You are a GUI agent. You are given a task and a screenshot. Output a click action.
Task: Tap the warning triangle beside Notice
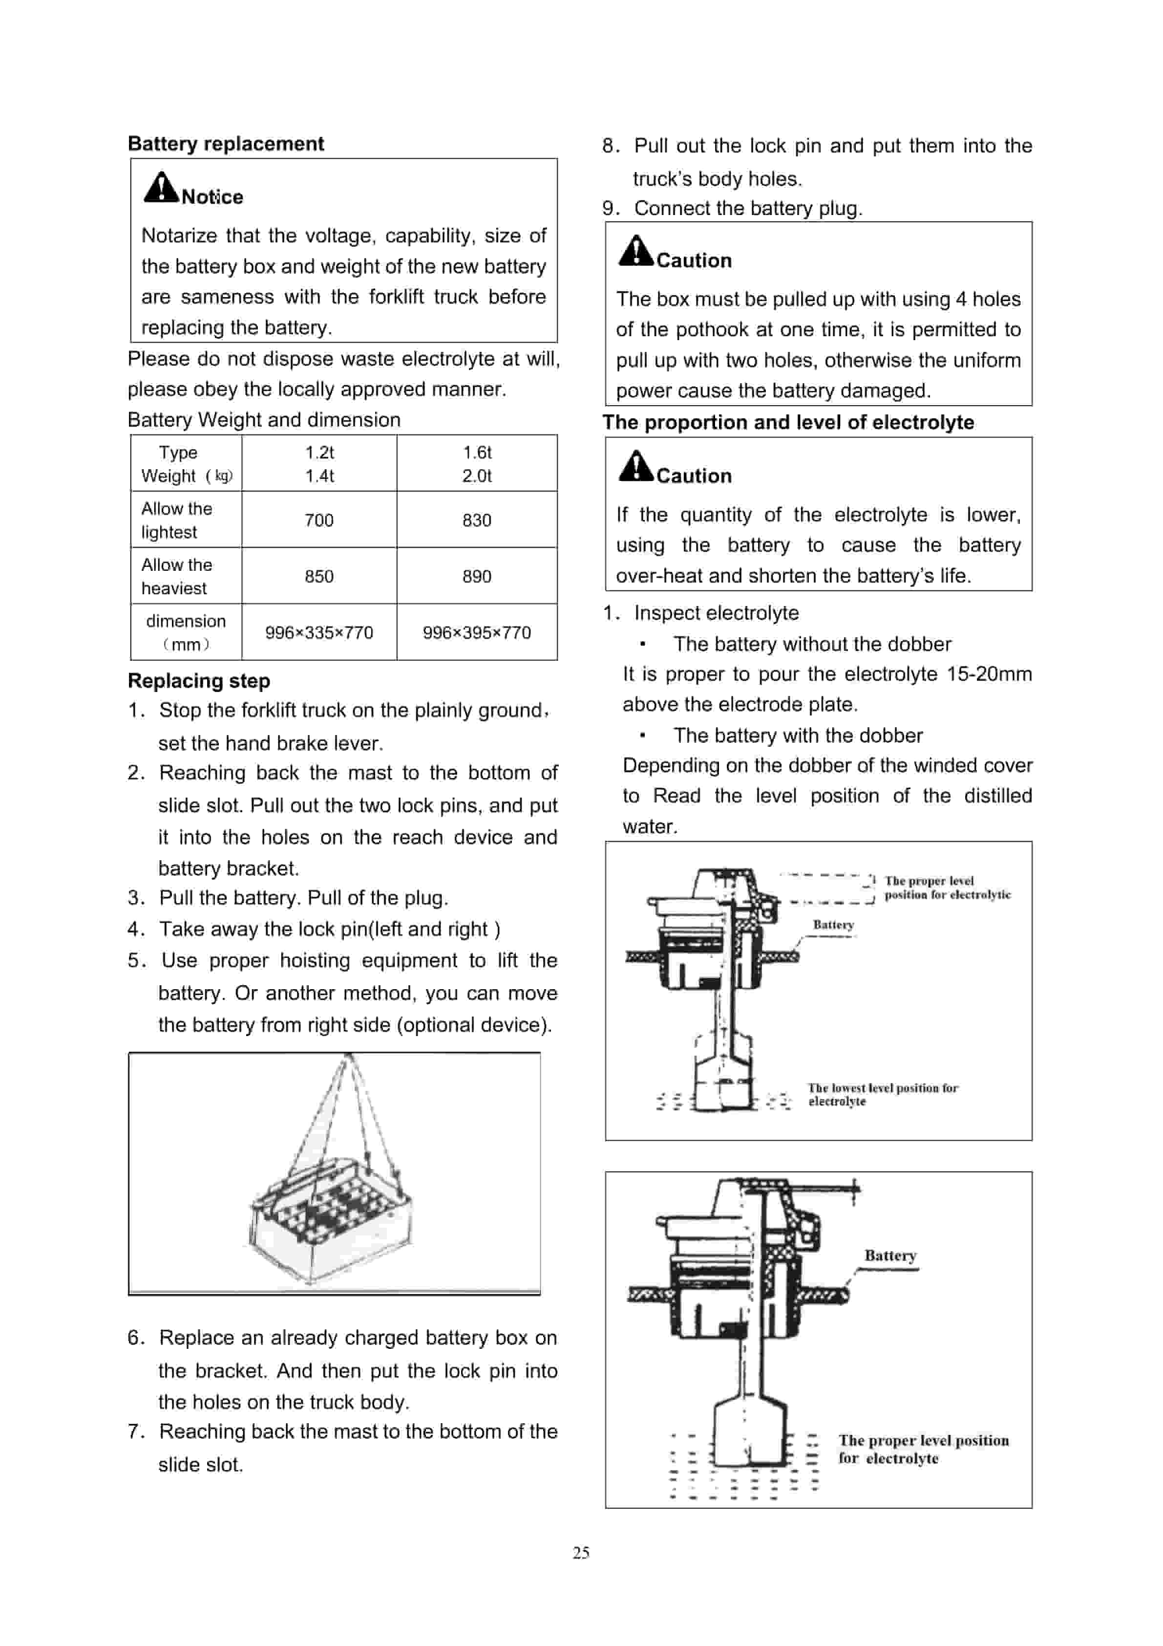click(161, 188)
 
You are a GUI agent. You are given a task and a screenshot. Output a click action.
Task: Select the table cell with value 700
click(319, 520)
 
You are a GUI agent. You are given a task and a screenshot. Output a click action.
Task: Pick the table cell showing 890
click(477, 576)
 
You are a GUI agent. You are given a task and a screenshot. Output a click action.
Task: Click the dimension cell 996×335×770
click(319, 632)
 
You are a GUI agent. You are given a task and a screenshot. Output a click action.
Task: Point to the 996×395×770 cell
click(477, 632)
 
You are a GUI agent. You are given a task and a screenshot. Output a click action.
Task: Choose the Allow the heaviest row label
click(176, 576)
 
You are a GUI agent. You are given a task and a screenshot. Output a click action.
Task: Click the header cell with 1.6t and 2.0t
click(477, 464)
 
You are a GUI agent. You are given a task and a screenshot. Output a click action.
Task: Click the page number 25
click(580, 1552)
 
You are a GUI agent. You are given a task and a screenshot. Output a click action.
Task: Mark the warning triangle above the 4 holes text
click(635, 251)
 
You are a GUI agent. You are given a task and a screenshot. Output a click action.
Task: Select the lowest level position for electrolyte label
click(882, 1094)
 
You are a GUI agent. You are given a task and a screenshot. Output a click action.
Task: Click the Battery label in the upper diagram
click(833, 925)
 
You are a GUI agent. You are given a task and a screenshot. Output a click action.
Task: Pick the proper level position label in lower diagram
click(923, 1449)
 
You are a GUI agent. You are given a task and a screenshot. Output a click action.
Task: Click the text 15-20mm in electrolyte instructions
click(989, 674)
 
